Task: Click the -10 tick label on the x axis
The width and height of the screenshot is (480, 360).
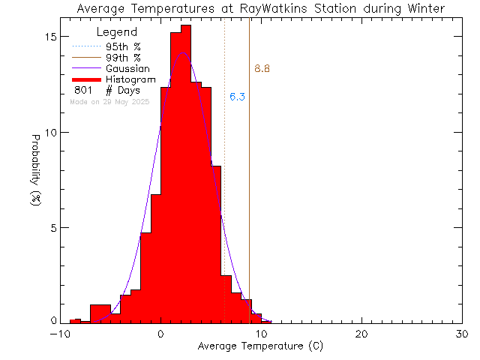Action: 59,335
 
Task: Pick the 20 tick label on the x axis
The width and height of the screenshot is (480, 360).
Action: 361,335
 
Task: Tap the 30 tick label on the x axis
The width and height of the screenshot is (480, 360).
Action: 462,335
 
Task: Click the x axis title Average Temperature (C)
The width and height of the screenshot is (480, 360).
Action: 261,348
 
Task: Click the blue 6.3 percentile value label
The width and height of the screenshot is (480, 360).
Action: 237,97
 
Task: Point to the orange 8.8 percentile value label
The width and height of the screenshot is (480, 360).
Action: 262,70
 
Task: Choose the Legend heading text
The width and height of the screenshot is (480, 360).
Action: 118,32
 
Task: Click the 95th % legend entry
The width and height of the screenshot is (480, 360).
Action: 123,46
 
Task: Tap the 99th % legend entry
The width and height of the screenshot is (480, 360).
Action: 123,58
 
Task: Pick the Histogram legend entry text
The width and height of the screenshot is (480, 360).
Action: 130,79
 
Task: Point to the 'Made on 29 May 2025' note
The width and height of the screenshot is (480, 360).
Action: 109,101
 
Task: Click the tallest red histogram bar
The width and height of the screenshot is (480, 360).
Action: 186,172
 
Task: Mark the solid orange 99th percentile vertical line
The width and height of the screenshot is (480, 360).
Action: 250,187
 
